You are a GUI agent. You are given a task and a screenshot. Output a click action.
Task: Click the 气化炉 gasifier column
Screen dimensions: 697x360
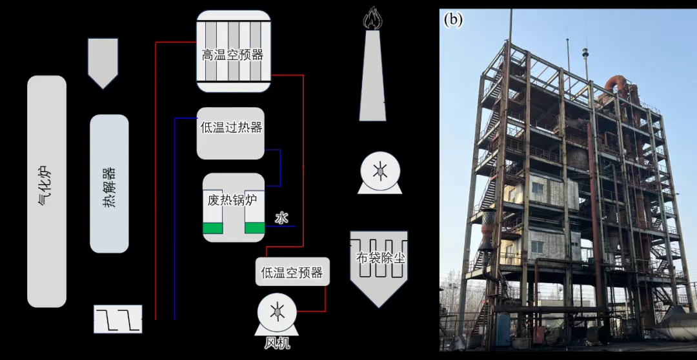click(46, 191)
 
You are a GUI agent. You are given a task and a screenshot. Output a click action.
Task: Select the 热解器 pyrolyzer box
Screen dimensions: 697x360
click(109, 184)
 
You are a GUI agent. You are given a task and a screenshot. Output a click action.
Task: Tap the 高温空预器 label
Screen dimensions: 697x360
click(232, 55)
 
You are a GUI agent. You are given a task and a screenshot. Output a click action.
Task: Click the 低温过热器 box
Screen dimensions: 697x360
click(230, 134)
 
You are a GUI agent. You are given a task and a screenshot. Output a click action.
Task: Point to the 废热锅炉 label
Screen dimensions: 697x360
click(232, 200)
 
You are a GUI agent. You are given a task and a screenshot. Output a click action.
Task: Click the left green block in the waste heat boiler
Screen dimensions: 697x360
click(212, 228)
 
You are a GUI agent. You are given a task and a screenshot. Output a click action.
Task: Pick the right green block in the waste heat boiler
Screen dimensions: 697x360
click(255, 228)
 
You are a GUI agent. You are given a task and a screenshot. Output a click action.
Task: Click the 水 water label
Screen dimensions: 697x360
click(281, 218)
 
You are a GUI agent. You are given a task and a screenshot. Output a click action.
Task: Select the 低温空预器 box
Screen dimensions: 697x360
click(292, 272)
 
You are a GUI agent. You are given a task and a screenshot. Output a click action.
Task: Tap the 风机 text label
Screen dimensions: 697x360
click(277, 344)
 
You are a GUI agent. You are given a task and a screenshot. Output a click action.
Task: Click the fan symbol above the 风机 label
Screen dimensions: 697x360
click(278, 315)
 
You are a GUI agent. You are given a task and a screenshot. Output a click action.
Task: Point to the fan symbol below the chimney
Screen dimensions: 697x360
click(380, 173)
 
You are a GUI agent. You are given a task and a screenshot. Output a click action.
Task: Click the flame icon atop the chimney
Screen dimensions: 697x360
click(372, 18)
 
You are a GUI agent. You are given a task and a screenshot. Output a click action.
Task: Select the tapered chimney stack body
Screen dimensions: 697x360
click(372, 75)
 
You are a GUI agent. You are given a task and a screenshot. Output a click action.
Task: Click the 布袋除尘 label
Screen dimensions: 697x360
click(381, 258)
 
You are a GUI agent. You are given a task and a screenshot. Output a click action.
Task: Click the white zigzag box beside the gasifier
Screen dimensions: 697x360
click(118, 319)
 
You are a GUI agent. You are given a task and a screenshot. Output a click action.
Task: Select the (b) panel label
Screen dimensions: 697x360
click(453, 20)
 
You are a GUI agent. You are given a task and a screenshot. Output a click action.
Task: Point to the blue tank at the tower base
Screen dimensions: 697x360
click(503, 329)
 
